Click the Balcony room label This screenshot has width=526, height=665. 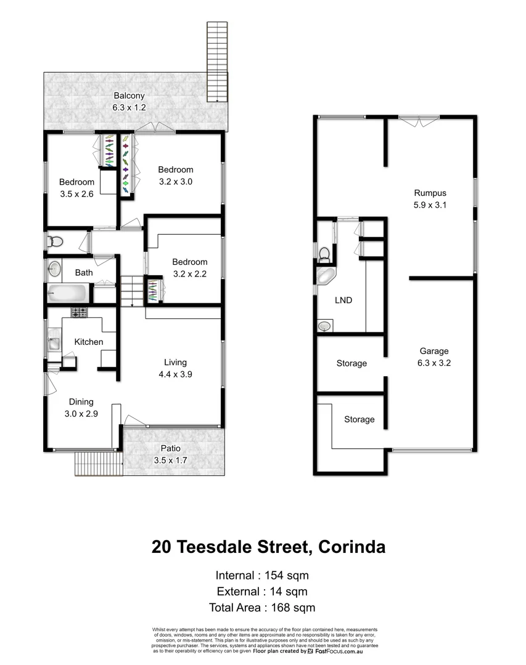click(128, 95)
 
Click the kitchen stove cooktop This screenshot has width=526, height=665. click(78, 312)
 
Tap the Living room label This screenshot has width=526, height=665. click(175, 362)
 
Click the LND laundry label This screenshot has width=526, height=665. click(343, 300)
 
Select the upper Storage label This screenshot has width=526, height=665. click(351, 363)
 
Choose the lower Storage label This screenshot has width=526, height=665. click(359, 419)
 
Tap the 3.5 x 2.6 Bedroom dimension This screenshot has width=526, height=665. click(77, 193)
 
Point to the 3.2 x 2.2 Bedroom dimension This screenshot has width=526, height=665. click(189, 273)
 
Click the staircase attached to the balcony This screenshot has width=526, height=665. click(216, 62)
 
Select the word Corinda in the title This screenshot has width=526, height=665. click(350, 547)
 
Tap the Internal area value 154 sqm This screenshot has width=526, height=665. click(287, 576)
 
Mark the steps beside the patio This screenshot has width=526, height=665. click(97, 464)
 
